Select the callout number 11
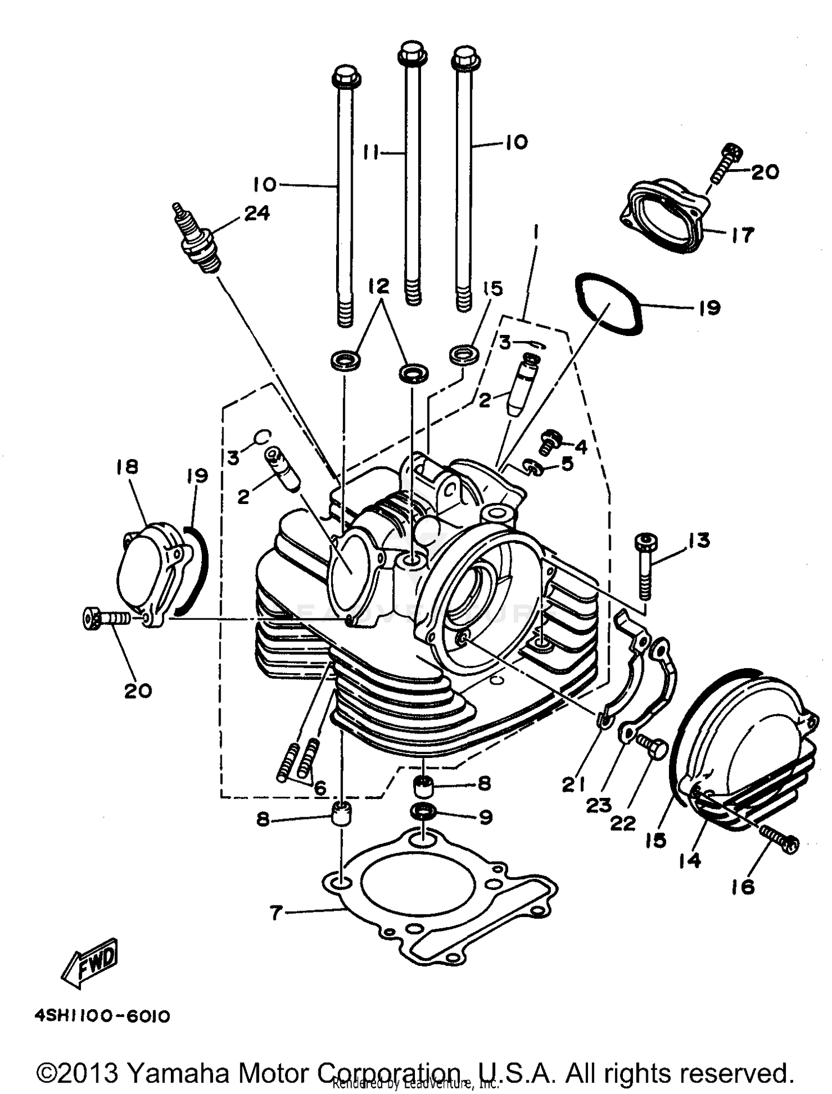(375, 151)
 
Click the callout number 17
(742, 235)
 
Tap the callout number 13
(699, 540)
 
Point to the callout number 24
(257, 212)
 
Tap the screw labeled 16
(781, 837)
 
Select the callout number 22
(622, 823)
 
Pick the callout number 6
(319, 787)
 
